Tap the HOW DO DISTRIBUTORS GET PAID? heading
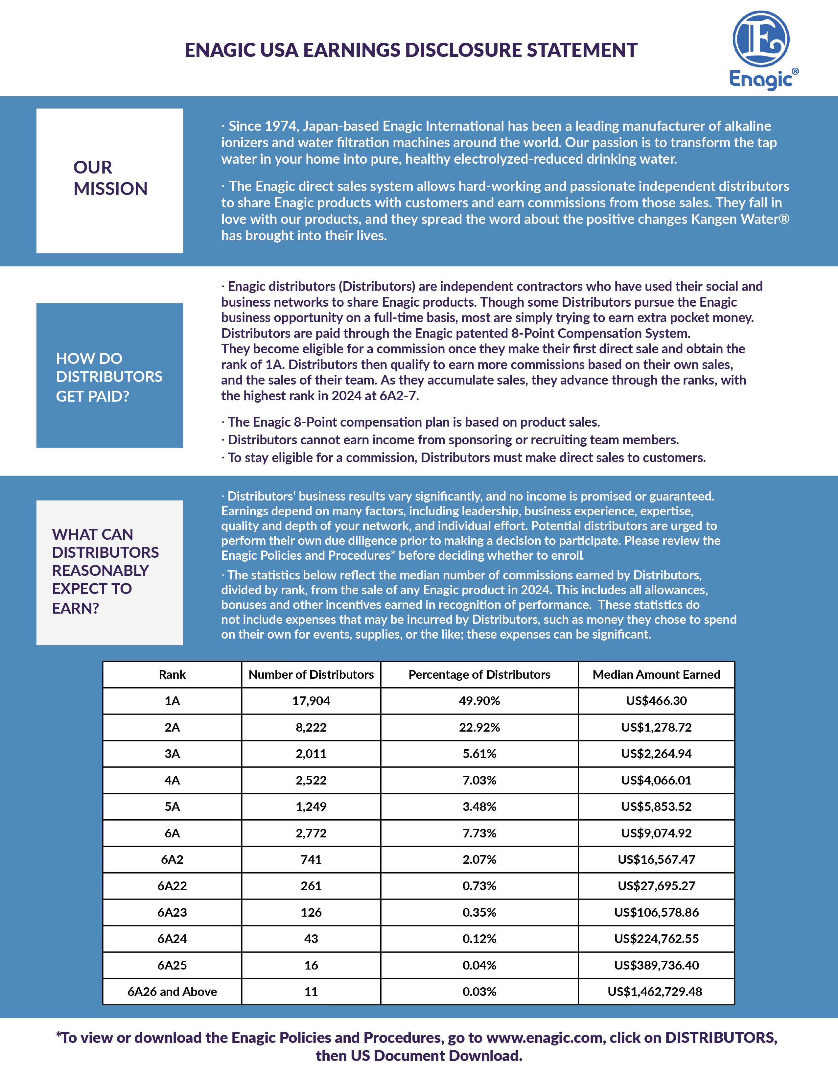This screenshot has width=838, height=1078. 109,376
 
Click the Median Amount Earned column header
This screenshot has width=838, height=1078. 656,674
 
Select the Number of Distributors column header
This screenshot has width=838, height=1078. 311,674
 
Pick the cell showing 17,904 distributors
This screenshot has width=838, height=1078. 311,701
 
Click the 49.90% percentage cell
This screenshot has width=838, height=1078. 479,701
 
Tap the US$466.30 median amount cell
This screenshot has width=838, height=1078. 656,701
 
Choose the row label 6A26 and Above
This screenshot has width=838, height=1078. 172,992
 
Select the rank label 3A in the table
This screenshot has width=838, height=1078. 172,754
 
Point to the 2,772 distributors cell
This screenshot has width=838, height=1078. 311,833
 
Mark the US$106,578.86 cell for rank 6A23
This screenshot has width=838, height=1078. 656,912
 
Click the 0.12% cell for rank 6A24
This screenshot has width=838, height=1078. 479,939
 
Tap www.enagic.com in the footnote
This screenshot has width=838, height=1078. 545,1038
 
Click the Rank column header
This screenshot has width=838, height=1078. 172,674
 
